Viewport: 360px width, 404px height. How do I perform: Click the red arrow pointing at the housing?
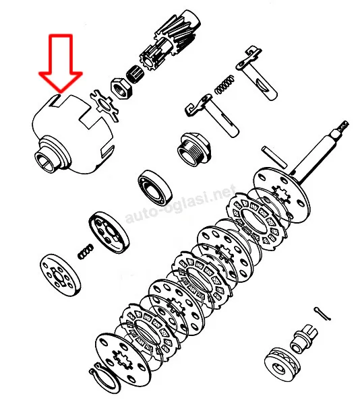pos(61,63)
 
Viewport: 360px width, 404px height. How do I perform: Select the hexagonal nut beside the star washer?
pos(121,88)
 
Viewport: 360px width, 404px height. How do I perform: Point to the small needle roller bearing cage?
pos(135,73)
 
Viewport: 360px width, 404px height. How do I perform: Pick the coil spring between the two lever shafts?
pos(225,84)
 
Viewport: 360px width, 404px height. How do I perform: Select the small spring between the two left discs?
pos(86,251)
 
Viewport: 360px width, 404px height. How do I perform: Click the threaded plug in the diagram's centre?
pos(193,150)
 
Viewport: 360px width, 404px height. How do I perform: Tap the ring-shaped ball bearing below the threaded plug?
pos(155,188)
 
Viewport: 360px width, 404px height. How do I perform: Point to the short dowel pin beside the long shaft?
pos(274,156)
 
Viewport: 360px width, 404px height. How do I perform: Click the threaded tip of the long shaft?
pos(342,127)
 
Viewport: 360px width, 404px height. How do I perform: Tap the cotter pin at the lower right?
pos(322,314)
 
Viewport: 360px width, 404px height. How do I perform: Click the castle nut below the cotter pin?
pos(304,338)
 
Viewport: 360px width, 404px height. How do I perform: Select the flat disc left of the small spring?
pos(61,275)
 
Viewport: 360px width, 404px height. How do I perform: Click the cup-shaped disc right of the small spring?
pos(109,231)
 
